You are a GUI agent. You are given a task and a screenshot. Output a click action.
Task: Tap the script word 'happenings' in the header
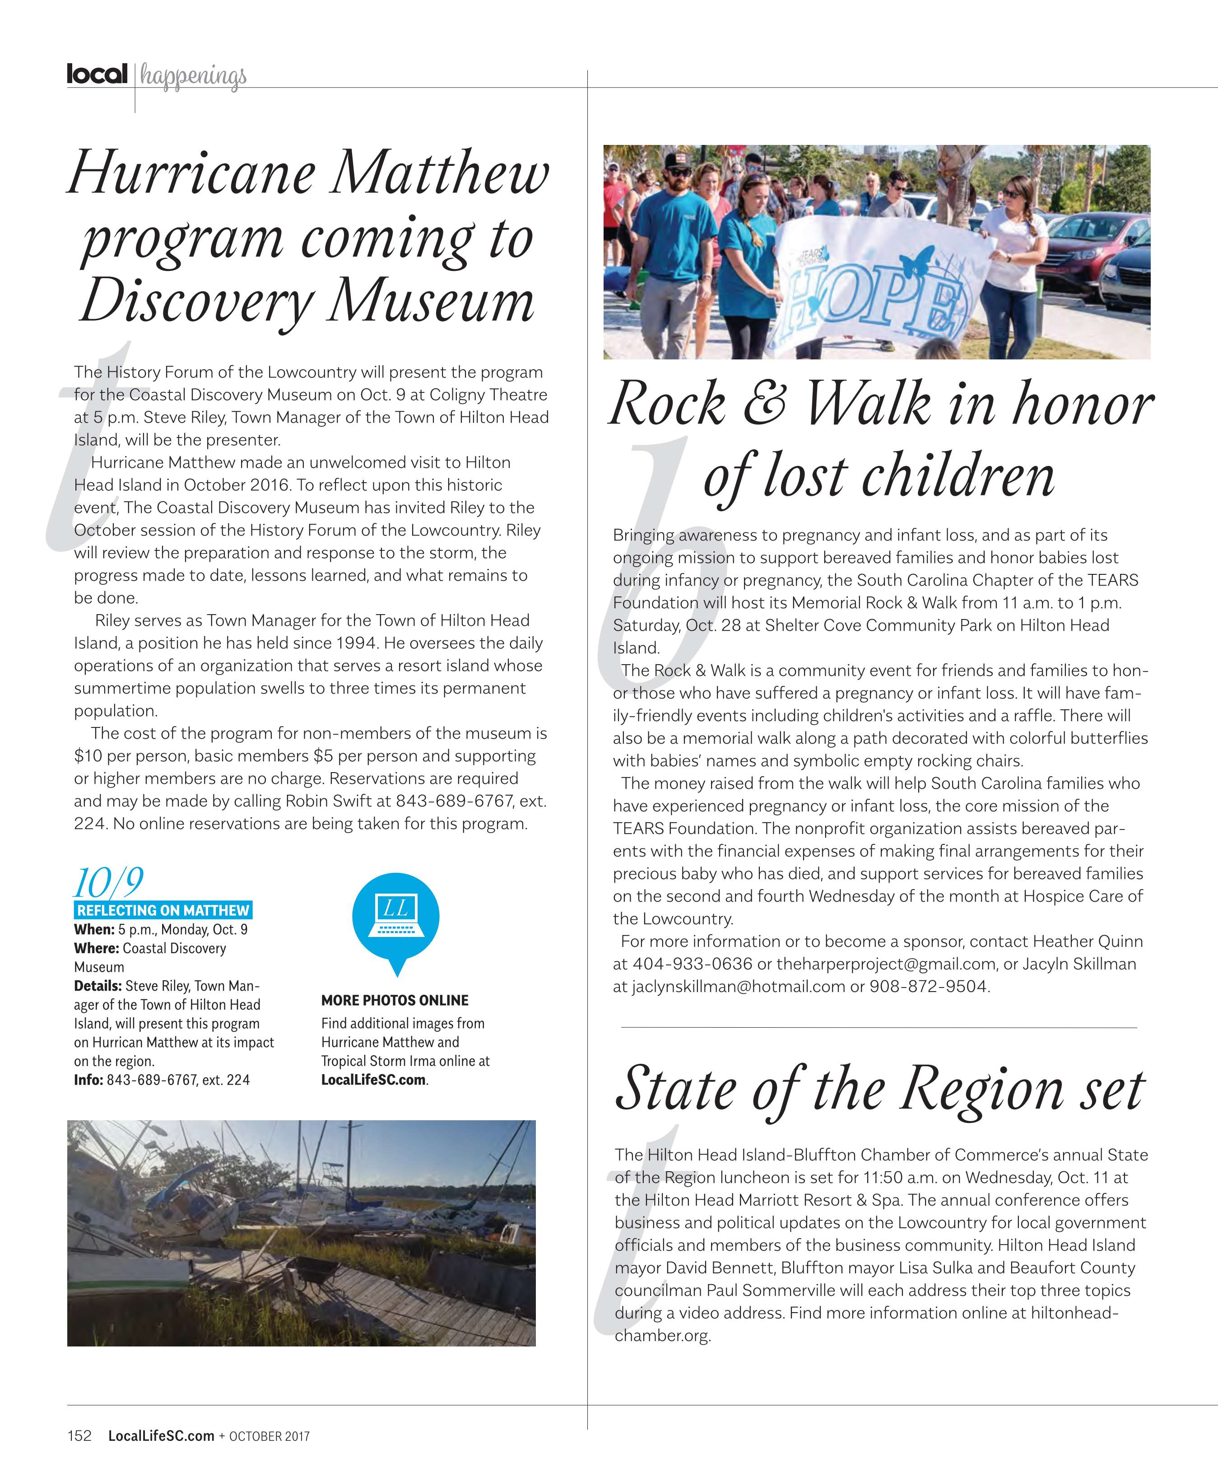tap(193, 76)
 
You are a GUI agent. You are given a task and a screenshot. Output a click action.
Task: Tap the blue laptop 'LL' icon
tap(396, 915)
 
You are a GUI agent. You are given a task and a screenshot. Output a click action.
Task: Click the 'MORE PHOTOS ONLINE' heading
tap(395, 1000)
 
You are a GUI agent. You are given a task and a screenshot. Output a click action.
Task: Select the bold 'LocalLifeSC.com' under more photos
tap(373, 1080)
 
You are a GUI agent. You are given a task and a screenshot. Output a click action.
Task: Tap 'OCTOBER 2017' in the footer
tap(269, 1436)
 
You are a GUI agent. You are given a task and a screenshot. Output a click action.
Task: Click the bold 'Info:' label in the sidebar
tap(88, 1080)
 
